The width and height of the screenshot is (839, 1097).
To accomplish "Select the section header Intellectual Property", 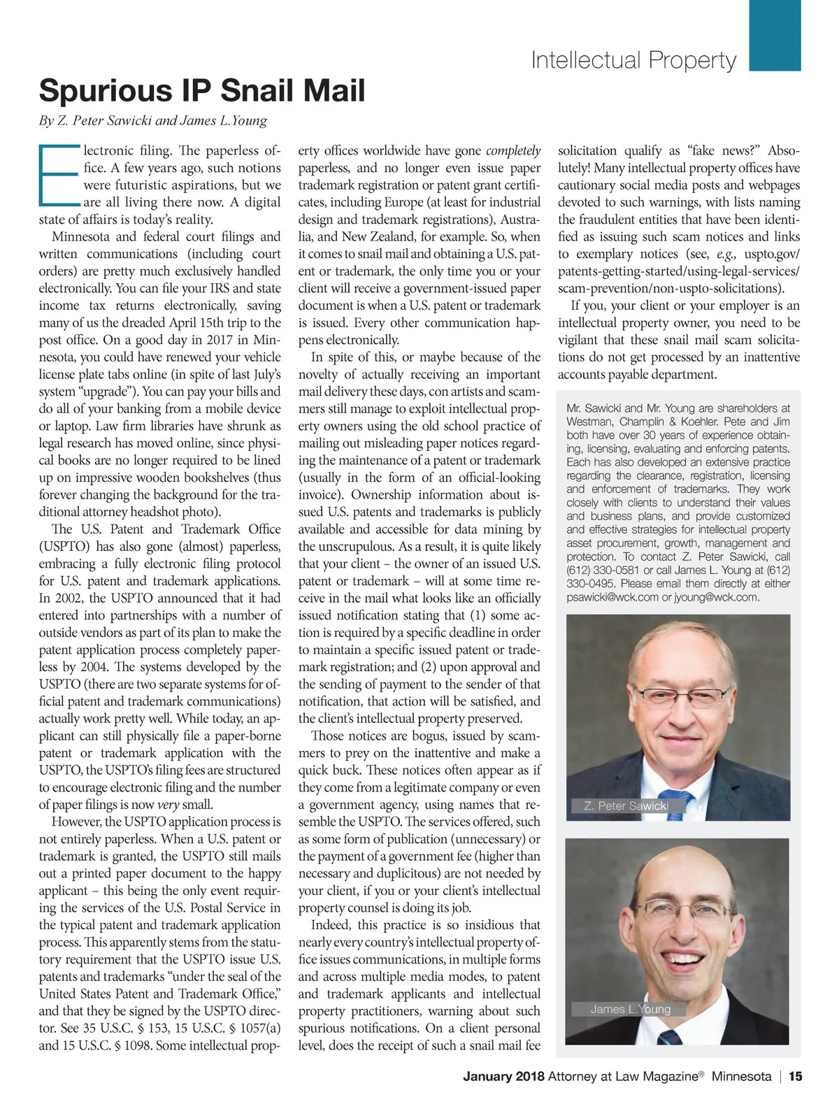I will tap(633, 61).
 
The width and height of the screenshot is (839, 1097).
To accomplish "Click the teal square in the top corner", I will tap(775, 35).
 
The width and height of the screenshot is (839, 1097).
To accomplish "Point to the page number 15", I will tap(795, 1077).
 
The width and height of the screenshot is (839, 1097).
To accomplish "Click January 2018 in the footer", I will tap(504, 1077).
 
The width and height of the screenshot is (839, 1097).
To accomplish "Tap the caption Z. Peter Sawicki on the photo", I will tap(626, 806).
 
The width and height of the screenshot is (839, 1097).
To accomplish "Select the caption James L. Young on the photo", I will tap(630, 1009).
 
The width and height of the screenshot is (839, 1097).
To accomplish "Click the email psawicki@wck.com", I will tap(612, 597).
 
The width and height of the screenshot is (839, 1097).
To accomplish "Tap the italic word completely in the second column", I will tap(513, 151).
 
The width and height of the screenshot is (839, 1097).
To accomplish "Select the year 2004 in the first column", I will tap(94, 667).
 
